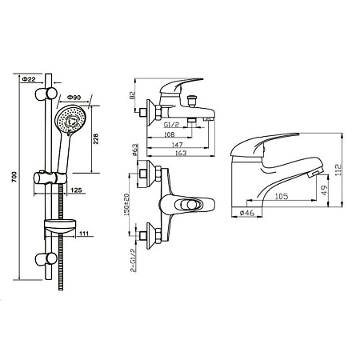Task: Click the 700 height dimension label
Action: [14, 177]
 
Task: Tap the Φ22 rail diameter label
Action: [29, 79]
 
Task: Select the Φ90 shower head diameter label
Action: [74, 98]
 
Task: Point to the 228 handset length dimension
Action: [96, 139]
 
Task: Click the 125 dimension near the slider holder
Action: [76, 190]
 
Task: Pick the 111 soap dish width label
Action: [84, 234]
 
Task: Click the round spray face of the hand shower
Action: [70, 119]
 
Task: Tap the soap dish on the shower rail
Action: [60, 226]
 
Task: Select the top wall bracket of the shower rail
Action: [46, 94]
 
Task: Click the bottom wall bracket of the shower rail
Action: [46, 259]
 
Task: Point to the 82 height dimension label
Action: [132, 95]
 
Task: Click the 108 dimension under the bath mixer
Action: [169, 134]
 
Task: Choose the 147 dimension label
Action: [177, 145]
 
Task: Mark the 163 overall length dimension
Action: [181, 153]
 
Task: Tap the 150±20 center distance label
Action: [126, 204]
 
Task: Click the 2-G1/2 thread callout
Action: [133, 260]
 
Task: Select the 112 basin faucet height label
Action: [338, 170]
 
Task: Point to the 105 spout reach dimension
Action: [282, 197]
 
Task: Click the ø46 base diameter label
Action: [247, 213]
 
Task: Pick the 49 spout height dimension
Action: [324, 190]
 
